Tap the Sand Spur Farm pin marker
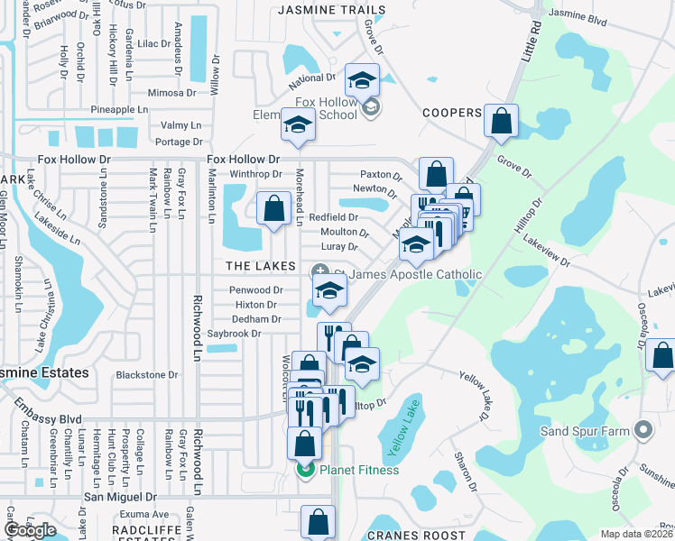[643, 430]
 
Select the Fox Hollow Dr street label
[239, 159]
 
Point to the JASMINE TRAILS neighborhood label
[331, 10]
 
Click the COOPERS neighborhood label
[451, 113]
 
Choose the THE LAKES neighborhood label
[261, 266]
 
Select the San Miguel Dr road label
[120, 496]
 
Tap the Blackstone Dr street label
[147, 374]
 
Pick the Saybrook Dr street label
[234, 334]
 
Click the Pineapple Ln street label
[118, 110]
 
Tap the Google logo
[30, 530]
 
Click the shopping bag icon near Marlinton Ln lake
[273, 209]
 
